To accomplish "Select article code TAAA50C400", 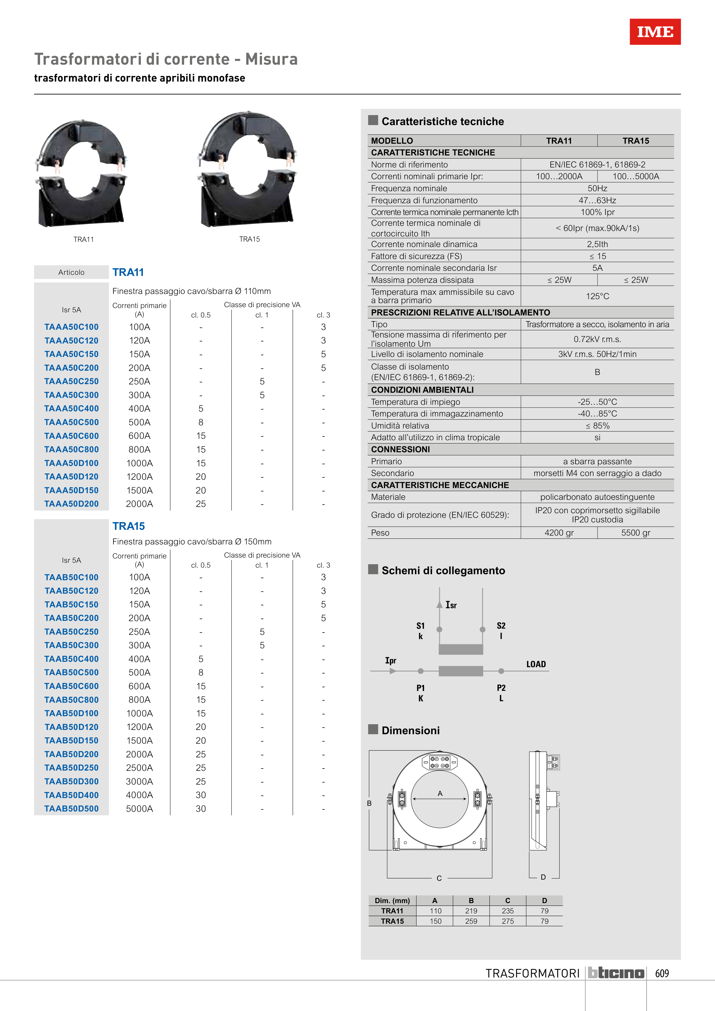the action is point(71,409).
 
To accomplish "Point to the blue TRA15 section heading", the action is point(128,526).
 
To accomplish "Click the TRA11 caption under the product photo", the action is point(84,240).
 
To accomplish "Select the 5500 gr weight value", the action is point(636,533).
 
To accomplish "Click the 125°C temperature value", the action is point(597,296).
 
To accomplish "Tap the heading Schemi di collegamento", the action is point(443,571).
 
